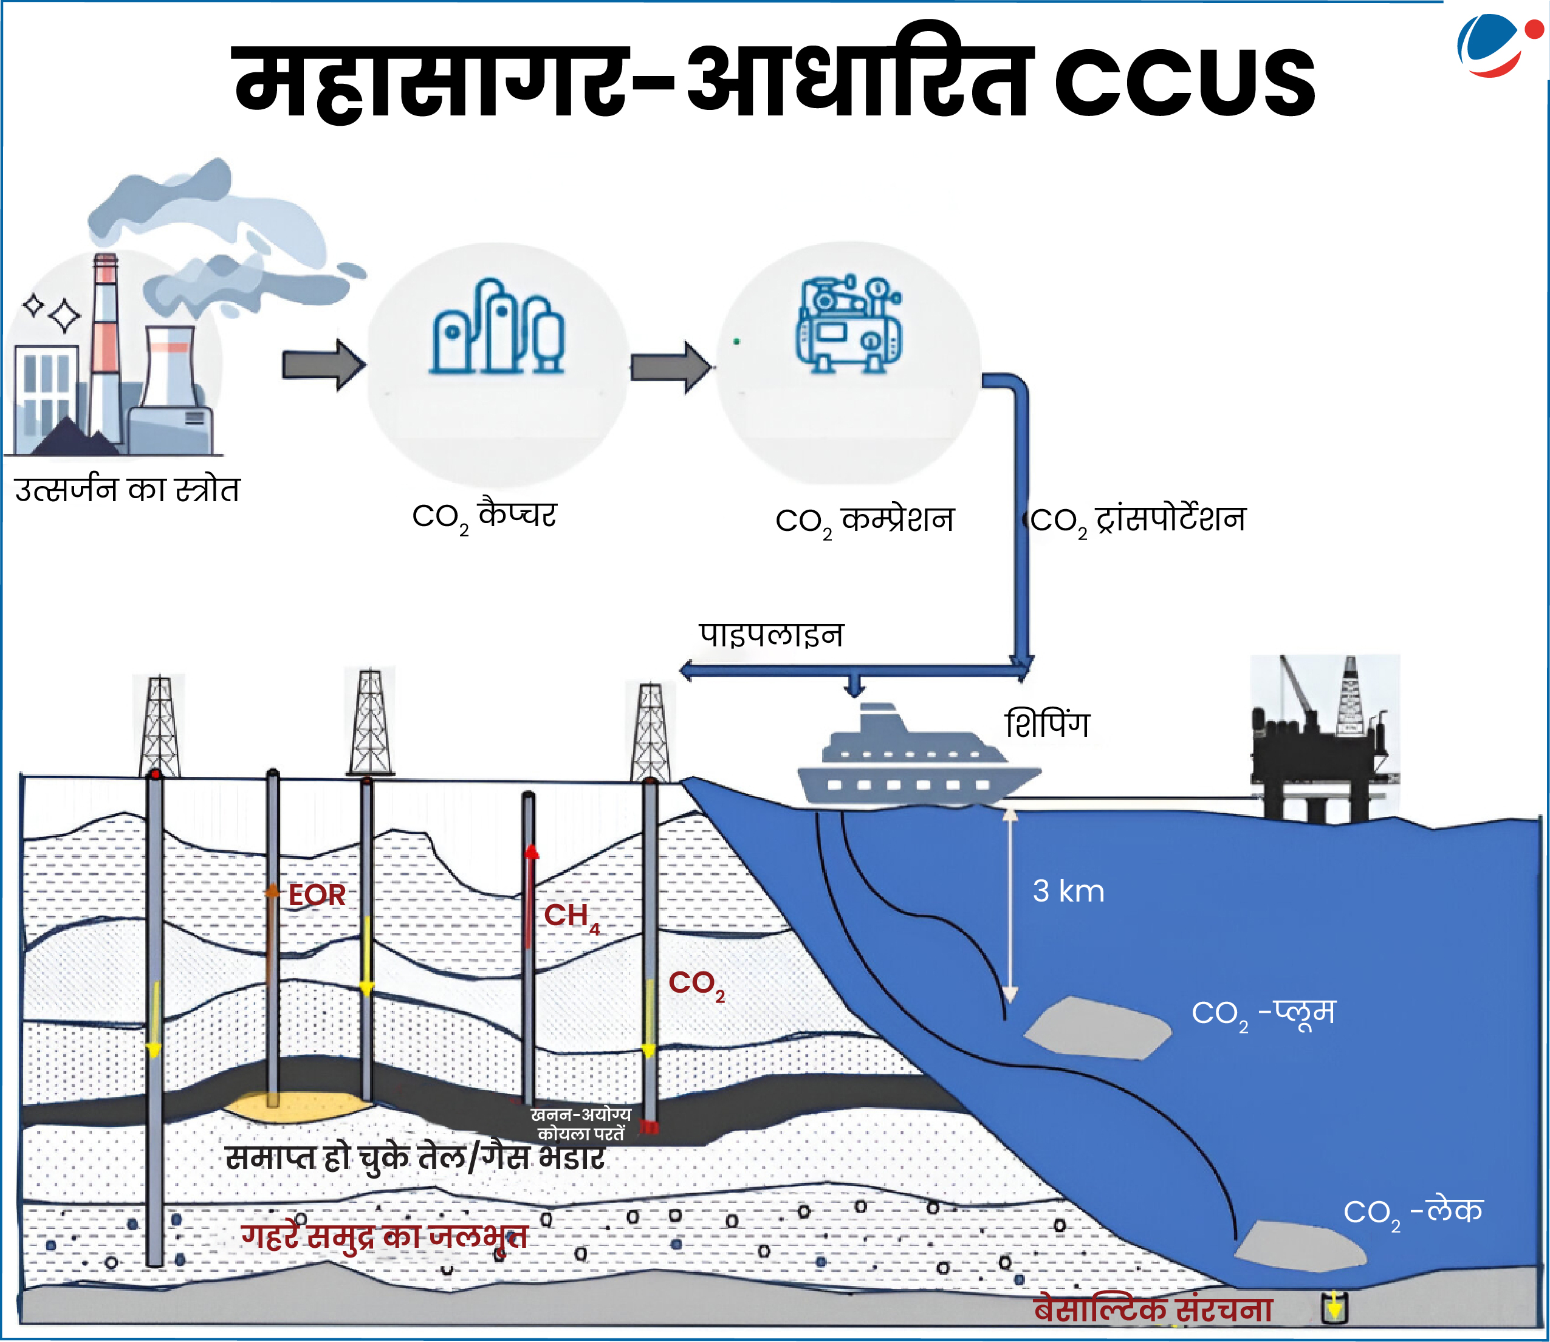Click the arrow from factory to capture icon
point(323,365)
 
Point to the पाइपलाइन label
point(770,635)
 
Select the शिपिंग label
point(1046,724)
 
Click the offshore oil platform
point(1322,741)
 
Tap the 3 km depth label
point(1068,891)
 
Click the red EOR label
point(317,895)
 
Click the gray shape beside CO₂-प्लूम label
point(1097,1028)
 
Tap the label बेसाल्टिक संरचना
point(1153,1309)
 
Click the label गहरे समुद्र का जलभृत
point(384,1236)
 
